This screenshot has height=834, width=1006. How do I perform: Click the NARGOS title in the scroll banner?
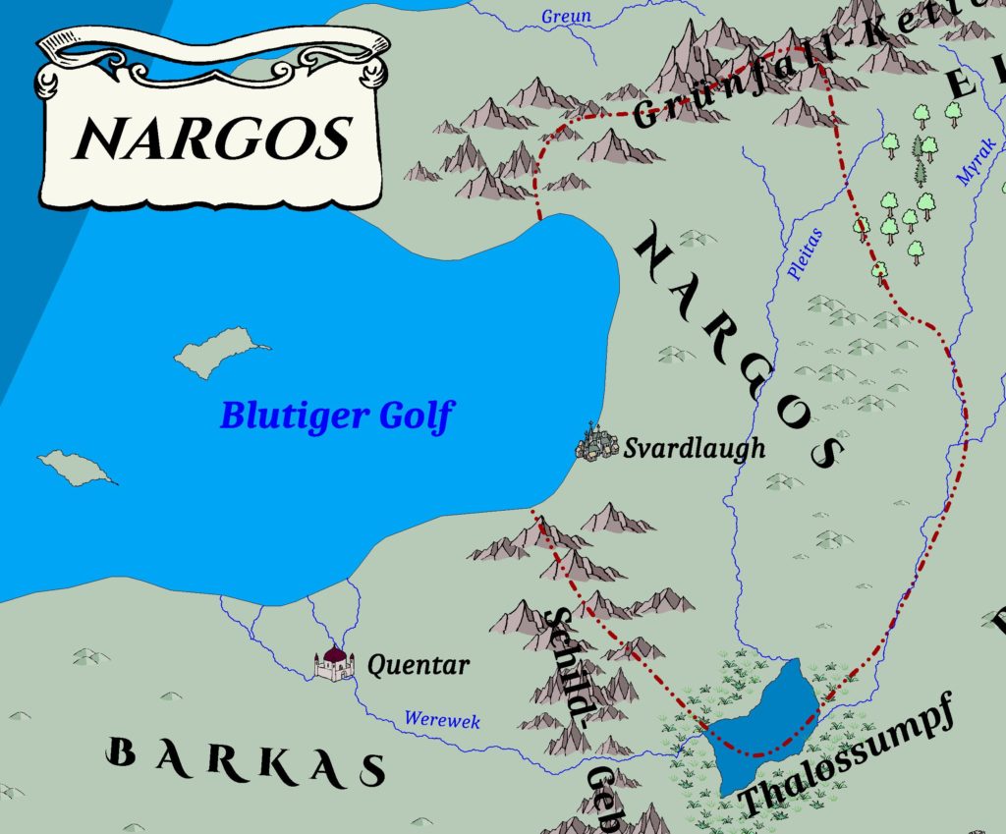tap(212, 137)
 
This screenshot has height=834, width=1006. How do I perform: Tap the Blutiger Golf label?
tap(336, 416)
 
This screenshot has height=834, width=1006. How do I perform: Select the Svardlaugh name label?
tap(694, 450)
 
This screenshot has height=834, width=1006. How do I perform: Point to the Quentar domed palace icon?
tap(334, 663)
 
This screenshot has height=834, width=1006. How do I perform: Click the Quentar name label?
tap(418, 665)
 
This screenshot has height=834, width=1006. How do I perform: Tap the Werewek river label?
tap(442, 721)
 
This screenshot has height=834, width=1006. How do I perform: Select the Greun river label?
tap(567, 16)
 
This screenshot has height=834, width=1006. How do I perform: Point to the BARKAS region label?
tap(246, 761)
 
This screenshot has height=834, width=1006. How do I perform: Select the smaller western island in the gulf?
tap(74, 467)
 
